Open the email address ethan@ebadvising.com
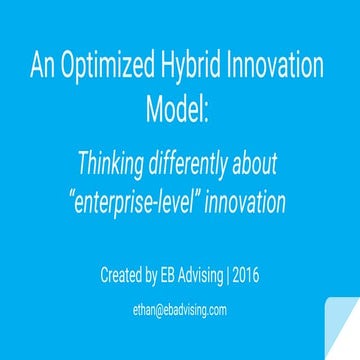coord(181,310)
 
